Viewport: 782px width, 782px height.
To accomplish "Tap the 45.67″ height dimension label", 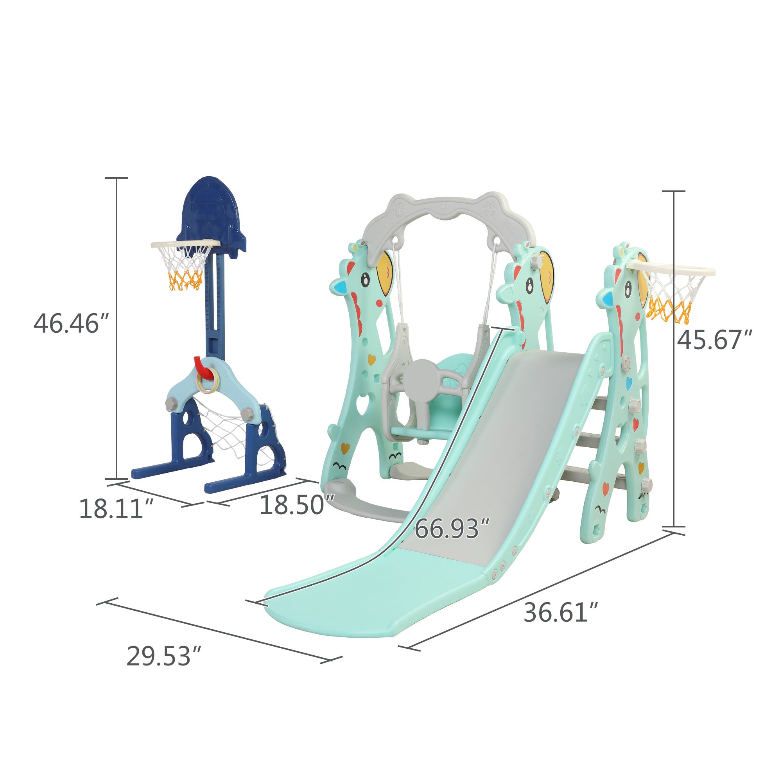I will (x=714, y=340).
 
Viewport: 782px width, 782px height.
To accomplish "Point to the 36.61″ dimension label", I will (x=561, y=612).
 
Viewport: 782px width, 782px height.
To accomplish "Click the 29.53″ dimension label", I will (x=164, y=656).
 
